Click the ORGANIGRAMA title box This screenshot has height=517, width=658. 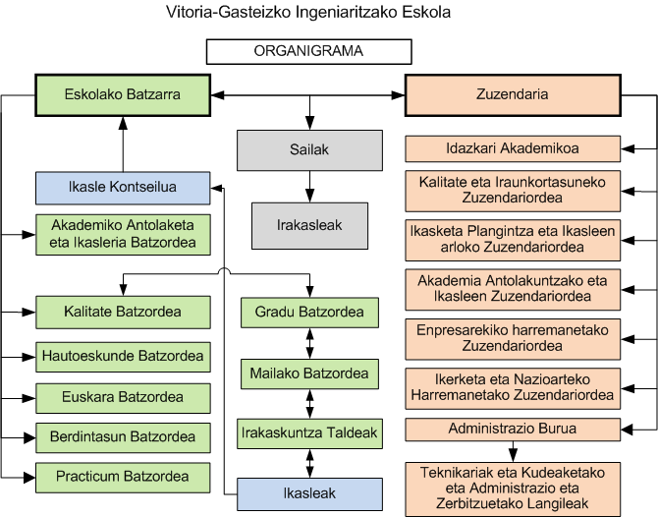tap(308, 52)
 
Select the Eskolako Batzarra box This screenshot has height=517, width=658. tap(122, 95)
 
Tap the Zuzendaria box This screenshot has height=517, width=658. tap(512, 95)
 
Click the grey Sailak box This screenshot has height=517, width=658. tap(309, 149)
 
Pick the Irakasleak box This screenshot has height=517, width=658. tap(309, 225)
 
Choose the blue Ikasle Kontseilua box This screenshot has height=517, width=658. tap(122, 187)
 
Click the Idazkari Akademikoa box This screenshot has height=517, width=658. tap(512, 148)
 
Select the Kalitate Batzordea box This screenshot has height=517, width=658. tap(122, 313)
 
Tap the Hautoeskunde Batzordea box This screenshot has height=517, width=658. tap(122, 355)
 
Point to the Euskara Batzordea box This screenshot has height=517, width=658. tap(122, 398)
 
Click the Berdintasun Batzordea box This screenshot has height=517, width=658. tap(122, 436)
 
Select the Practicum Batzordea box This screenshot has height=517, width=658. tap(122, 477)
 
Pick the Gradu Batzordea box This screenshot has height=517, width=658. tap(309, 313)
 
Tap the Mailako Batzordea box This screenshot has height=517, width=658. tap(309, 373)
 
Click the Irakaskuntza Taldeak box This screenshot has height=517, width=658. tap(309, 431)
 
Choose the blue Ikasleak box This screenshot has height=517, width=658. tap(309, 491)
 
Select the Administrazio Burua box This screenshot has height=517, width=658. tap(512, 430)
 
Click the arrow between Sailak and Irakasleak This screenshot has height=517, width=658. tap(309, 187)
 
